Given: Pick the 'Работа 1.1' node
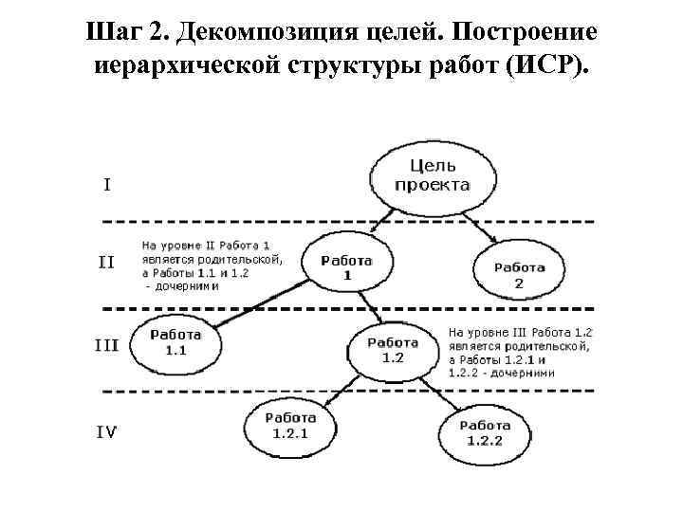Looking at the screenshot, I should (x=175, y=342).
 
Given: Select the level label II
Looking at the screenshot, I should (x=106, y=263).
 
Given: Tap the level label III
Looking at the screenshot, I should (x=106, y=345).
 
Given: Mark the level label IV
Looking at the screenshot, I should (x=107, y=432).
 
